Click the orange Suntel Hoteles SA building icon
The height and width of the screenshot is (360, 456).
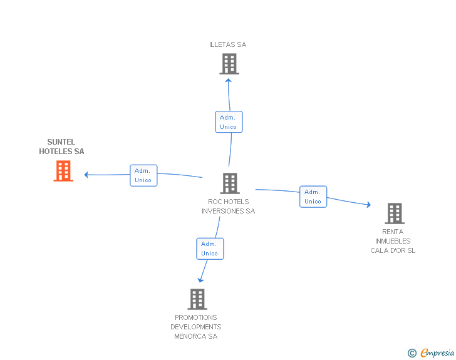63,171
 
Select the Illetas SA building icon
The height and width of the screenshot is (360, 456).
229,64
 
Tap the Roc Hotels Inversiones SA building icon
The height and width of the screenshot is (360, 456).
230,183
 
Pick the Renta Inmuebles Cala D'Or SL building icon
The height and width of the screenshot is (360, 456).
394,213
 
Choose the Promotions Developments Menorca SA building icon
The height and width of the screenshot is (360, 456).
197,299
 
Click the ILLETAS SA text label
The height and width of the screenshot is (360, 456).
228,44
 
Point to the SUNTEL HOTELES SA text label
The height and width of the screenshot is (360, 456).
61,147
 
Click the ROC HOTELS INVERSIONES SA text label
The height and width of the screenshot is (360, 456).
228,207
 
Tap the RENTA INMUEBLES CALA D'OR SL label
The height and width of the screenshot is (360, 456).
393,241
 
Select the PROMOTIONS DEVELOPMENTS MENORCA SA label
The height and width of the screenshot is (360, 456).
196,327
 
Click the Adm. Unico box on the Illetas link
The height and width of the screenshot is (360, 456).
228,122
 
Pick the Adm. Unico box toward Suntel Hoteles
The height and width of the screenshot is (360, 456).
143,175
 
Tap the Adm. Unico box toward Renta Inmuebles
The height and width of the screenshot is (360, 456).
313,197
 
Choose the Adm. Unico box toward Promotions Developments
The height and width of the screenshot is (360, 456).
210,249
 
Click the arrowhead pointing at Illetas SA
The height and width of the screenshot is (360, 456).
229,80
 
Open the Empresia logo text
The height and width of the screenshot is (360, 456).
437,353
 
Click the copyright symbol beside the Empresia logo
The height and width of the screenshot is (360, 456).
412,354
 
